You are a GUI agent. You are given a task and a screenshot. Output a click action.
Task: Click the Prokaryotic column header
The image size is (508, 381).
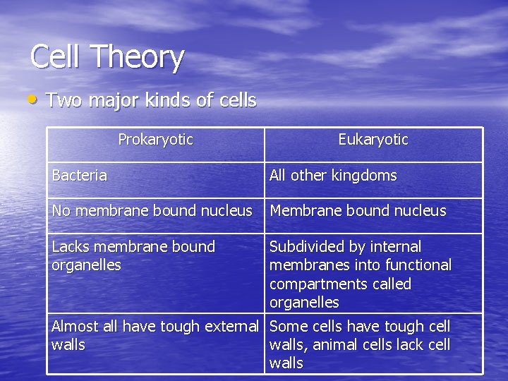click(155, 140)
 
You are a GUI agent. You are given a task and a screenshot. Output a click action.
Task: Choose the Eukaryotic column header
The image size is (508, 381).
click(373, 140)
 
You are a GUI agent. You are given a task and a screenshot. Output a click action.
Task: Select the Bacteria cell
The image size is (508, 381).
click(80, 176)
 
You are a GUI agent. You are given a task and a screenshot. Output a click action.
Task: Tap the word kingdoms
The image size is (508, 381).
click(364, 176)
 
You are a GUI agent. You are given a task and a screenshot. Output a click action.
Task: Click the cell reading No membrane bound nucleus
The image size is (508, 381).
click(152, 210)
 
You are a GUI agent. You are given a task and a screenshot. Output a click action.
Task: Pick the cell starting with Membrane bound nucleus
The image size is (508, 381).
click(358, 210)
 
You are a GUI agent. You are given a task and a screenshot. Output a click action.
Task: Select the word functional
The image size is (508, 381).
click(418, 265)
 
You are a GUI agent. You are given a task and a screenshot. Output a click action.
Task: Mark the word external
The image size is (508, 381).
click(231, 326)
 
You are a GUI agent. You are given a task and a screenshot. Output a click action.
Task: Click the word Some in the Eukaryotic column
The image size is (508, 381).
click(289, 326)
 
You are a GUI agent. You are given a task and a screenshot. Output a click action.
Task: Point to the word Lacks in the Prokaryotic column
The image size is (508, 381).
click(71, 247)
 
